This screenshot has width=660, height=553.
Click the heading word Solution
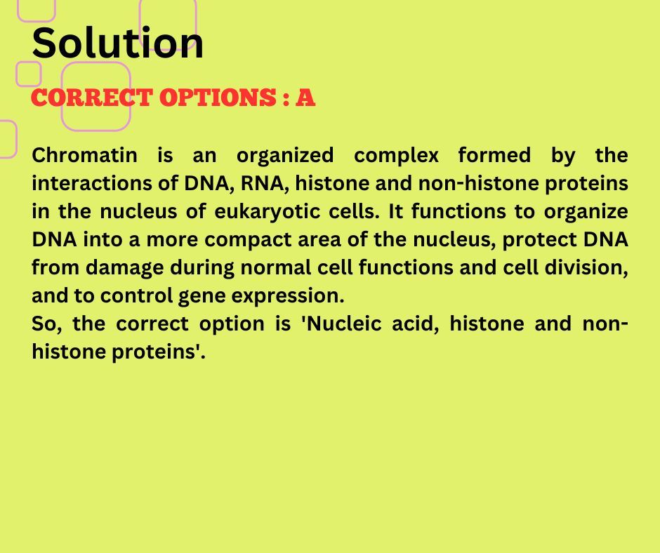point(118,43)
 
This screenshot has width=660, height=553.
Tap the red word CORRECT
point(92,98)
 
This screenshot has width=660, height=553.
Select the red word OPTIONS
point(218,98)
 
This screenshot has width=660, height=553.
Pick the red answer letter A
point(305,98)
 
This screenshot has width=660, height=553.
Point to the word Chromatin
point(84,155)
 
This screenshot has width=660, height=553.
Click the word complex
point(397,155)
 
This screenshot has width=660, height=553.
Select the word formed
point(494,155)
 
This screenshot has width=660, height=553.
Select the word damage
point(124,268)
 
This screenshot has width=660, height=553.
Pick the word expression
point(288,296)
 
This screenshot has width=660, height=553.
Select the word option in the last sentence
point(232,324)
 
